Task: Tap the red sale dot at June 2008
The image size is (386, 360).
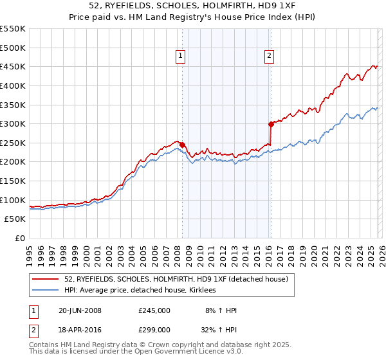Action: point(182,145)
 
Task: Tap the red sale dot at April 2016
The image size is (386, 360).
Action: point(271,124)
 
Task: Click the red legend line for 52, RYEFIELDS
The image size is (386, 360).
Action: point(46,279)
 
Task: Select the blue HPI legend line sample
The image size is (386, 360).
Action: point(46,291)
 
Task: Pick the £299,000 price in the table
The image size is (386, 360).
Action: point(154,330)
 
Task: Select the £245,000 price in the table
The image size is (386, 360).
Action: point(154,310)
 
